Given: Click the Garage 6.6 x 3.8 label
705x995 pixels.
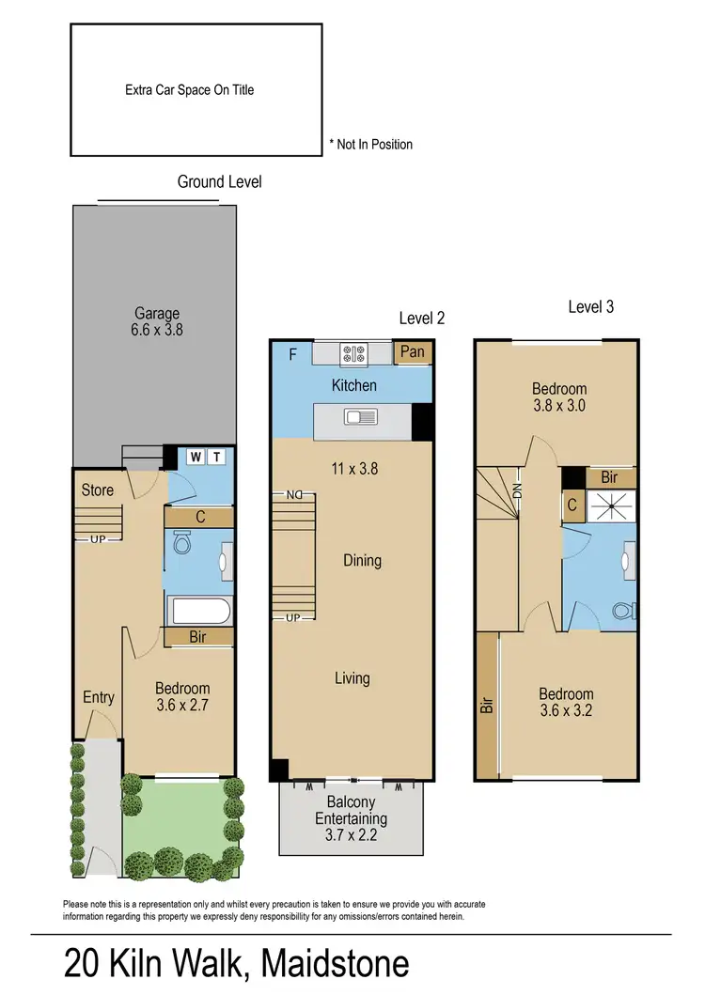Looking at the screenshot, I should (x=156, y=321).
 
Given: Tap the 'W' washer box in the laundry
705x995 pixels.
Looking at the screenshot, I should (x=196, y=457).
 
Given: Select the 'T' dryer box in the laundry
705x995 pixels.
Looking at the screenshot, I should (x=216, y=457).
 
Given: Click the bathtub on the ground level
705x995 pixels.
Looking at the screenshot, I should (x=198, y=613).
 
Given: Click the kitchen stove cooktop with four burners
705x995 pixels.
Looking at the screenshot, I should (x=355, y=353).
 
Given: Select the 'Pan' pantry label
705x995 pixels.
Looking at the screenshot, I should (x=413, y=352).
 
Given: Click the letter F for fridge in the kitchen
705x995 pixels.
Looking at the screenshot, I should (x=292, y=354).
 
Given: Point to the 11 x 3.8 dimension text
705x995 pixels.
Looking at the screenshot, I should (x=354, y=467).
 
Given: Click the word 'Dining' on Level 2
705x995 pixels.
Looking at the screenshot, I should (x=362, y=561).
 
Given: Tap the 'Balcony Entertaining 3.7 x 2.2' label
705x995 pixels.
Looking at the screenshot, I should (x=352, y=817).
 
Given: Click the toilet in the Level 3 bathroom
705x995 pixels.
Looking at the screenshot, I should (x=621, y=612).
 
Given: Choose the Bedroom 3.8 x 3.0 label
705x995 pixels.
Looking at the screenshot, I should (x=559, y=396).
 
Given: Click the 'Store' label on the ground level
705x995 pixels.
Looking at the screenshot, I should (x=98, y=490).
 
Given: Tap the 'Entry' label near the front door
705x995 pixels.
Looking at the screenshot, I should (x=99, y=697).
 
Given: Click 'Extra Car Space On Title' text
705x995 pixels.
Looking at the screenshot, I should (x=190, y=90).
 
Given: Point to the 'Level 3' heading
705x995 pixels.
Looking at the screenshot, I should (x=591, y=307).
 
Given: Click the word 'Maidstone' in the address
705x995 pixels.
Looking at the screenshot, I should (x=336, y=964).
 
